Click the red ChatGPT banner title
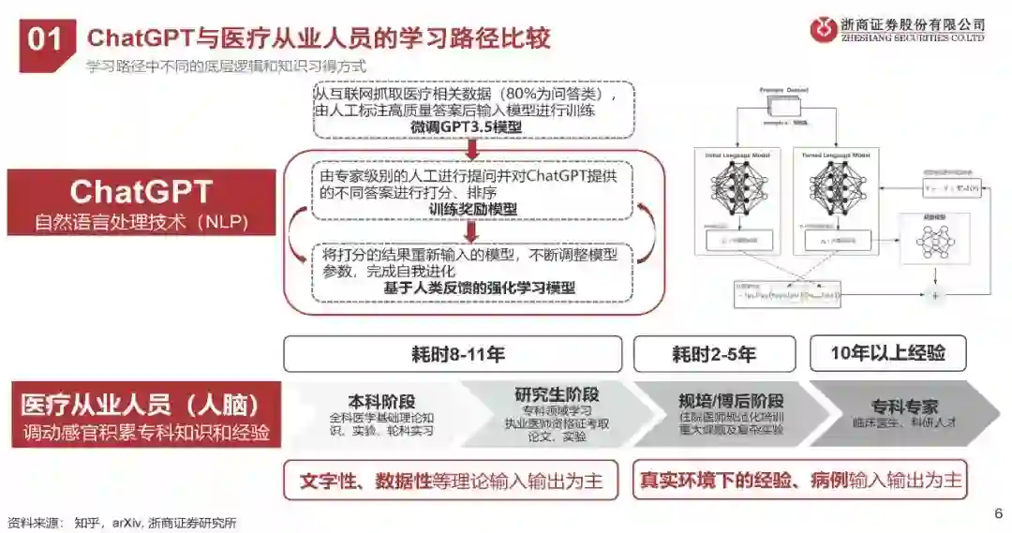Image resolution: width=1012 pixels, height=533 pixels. click(x=141, y=192)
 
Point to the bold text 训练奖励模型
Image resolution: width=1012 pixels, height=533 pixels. click(x=472, y=210)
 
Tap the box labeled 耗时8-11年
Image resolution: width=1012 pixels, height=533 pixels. click(x=453, y=354)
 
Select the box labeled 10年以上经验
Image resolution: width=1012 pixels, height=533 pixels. click(x=887, y=353)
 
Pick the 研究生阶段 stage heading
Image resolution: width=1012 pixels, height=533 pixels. click(x=557, y=394)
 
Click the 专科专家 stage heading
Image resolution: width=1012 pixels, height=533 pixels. click(x=904, y=407)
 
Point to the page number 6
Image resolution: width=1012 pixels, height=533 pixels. click(x=998, y=512)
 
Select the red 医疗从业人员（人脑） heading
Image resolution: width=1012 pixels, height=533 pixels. click(x=140, y=406)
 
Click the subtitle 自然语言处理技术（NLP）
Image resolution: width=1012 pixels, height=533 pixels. click(x=141, y=224)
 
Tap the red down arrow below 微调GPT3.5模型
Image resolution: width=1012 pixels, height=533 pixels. click(x=472, y=147)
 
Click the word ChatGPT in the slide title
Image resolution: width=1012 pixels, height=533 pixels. click(x=140, y=38)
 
